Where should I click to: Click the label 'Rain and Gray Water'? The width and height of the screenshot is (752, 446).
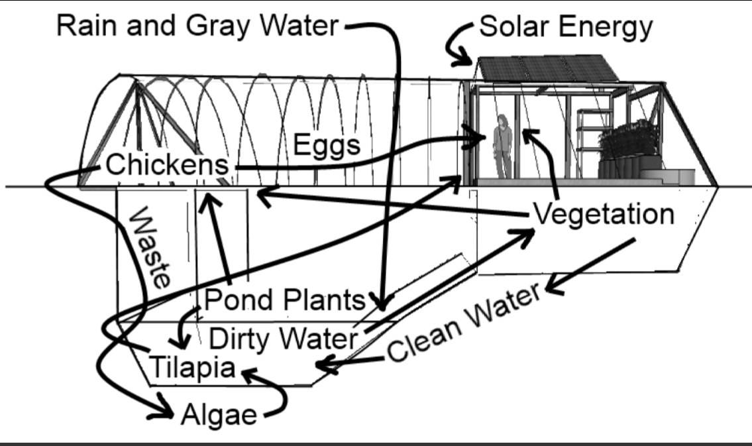pyautogui.click(x=197, y=27)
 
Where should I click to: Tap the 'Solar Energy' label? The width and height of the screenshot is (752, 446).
pyautogui.click(x=565, y=27)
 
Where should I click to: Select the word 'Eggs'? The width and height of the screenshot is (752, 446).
pyautogui.click(x=327, y=145)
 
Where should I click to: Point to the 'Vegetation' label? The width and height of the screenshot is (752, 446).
pyautogui.click(x=603, y=214)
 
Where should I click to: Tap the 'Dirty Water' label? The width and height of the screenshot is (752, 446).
pyautogui.click(x=282, y=339)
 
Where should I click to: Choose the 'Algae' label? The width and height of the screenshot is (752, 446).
pyautogui.click(x=218, y=416)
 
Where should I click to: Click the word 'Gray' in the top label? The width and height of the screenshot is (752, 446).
pyautogui.click(x=218, y=27)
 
